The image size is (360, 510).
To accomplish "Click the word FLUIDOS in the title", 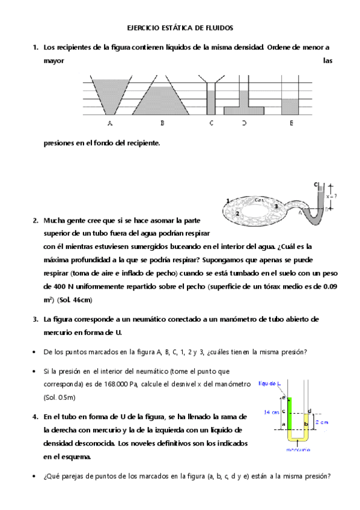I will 217,28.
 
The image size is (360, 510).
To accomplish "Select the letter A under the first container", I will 109,123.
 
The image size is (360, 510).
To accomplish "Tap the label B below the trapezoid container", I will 162,123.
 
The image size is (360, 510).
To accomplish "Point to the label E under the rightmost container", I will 291,123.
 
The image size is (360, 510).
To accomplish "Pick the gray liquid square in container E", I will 290,105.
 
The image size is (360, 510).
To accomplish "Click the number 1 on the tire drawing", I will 228,200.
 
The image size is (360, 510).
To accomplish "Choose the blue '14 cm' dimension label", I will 272,412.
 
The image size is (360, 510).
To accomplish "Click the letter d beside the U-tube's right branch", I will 309,411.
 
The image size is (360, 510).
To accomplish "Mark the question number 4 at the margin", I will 35,416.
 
